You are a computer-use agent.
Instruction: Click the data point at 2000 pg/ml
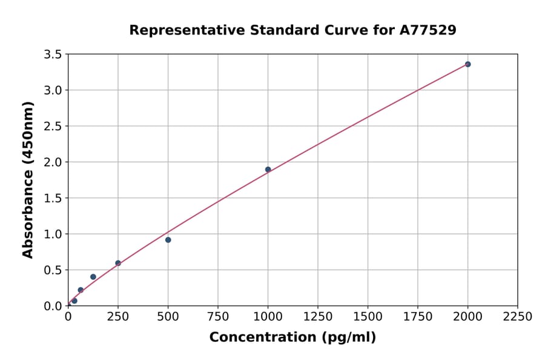click(467, 64)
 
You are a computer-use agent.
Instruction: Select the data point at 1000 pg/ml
click(268, 170)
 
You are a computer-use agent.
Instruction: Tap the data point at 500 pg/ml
click(168, 240)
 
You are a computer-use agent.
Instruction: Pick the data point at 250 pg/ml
click(118, 263)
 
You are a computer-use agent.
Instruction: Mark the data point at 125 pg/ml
click(93, 277)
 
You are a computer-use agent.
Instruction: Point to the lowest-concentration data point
click(74, 301)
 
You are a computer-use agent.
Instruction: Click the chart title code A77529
click(428, 30)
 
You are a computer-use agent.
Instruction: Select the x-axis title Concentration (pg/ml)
click(292, 338)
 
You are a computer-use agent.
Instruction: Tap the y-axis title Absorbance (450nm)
click(28, 179)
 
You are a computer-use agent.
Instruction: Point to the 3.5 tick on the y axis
click(53, 55)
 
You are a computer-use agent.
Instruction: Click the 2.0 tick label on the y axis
click(53, 162)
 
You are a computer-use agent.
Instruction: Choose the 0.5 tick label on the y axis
click(53, 270)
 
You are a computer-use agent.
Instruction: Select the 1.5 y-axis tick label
click(53, 198)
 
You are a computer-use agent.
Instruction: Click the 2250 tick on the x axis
click(518, 317)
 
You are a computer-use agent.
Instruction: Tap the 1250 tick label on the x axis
click(318, 317)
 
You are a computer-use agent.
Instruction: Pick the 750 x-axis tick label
click(218, 317)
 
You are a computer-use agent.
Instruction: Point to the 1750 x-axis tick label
click(418, 317)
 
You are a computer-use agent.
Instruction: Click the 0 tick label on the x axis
click(68, 317)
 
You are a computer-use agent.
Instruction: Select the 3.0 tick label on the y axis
click(53, 90)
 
